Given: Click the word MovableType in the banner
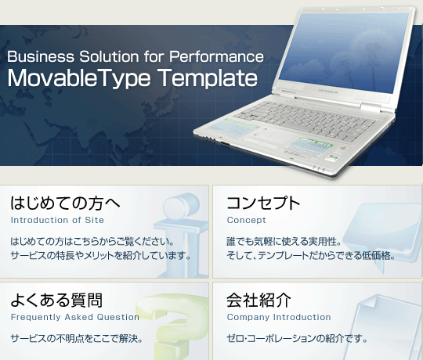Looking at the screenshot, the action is [x=79, y=78].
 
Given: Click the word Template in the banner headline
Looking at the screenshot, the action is [x=207, y=77].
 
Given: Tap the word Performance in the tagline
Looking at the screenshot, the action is [x=216, y=57].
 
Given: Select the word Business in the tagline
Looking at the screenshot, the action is [x=41, y=56].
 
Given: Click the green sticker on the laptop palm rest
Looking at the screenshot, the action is [x=315, y=142].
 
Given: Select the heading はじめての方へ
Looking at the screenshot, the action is [x=65, y=203].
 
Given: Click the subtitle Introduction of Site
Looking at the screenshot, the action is [x=57, y=220].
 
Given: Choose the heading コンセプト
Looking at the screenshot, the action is [x=263, y=203].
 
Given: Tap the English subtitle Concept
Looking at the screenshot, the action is [x=246, y=220].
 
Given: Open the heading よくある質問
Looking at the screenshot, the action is [x=56, y=300].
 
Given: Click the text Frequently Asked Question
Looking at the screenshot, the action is [x=75, y=317].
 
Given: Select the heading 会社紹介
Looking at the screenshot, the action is [x=259, y=300].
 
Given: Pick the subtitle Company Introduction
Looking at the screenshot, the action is [x=279, y=317].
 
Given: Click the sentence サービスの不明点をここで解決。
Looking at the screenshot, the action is [x=77, y=338].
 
